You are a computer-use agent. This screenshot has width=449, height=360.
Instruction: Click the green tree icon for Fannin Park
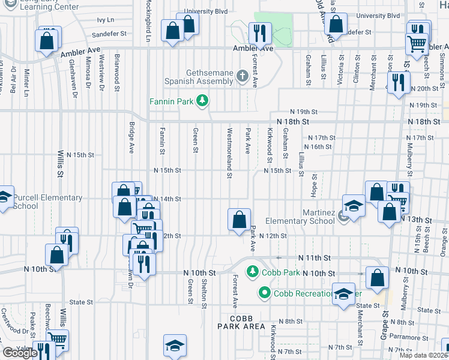(203, 101)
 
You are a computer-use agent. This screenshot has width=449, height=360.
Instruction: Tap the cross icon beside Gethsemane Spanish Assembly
(242, 76)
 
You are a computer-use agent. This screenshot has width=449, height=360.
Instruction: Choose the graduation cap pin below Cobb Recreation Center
(343, 294)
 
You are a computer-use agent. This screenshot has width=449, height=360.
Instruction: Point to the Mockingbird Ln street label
(148, 22)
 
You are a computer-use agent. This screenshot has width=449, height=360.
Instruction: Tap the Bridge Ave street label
(131, 137)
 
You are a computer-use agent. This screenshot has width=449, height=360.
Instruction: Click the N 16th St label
(318, 146)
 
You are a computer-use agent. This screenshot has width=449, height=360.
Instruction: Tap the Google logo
(20, 353)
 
